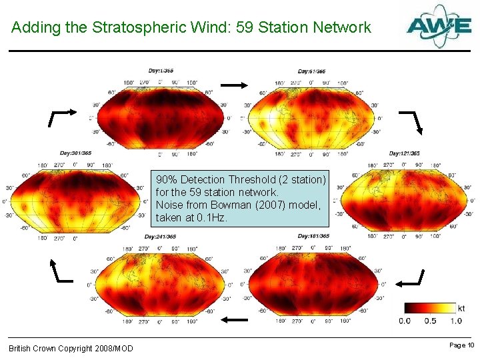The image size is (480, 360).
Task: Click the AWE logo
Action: click(x=439, y=27)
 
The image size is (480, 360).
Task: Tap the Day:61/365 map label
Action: click(x=311, y=71)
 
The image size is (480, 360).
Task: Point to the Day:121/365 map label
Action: click(x=405, y=153)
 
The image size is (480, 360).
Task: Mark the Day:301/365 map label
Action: click(x=75, y=153)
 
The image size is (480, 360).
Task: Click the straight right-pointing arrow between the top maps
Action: click(x=235, y=85)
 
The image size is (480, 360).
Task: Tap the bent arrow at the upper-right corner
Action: click(x=409, y=121)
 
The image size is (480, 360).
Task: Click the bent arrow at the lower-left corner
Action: click(x=62, y=270)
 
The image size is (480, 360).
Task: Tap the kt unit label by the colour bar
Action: click(x=461, y=308)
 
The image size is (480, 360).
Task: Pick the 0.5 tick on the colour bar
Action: click(x=431, y=321)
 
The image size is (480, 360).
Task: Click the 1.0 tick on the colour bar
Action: click(x=456, y=321)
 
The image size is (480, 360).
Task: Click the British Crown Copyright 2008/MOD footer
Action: click(x=71, y=349)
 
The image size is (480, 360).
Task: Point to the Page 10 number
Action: click(x=461, y=345)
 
